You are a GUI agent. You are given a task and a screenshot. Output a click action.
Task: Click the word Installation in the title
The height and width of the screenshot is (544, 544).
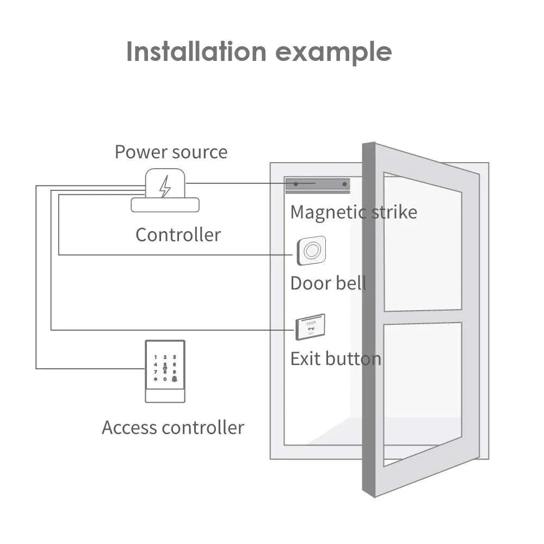pyautogui.click(x=196, y=52)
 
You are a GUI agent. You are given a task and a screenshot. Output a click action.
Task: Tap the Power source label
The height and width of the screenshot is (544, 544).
pyautogui.click(x=171, y=152)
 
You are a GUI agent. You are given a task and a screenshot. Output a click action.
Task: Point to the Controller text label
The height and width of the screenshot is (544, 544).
pyautogui.click(x=178, y=235)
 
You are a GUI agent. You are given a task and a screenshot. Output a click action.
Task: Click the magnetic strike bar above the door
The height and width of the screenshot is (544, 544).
pyautogui.click(x=318, y=184)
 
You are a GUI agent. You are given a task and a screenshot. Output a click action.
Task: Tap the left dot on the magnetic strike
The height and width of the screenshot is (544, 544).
pyautogui.click(x=296, y=184)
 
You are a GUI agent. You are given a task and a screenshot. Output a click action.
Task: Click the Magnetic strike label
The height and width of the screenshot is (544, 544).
pyautogui.click(x=354, y=212)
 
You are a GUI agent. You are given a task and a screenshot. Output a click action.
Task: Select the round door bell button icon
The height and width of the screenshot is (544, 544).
pyautogui.click(x=312, y=251)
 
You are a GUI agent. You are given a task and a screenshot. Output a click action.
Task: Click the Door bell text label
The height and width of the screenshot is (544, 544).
pyautogui.click(x=328, y=283)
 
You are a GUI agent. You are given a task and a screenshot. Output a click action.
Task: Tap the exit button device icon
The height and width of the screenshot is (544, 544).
pyautogui.click(x=311, y=327)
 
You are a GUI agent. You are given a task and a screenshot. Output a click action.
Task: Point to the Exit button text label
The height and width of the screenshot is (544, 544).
pyautogui.click(x=335, y=359)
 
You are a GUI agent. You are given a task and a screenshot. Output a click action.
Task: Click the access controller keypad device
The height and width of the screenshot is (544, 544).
pyautogui.click(x=165, y=371)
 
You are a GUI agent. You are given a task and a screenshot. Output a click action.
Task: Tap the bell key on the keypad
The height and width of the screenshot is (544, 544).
pyautogui.click(x=175, y=378)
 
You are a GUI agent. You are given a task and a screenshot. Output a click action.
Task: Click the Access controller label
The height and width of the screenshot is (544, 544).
pyautogui.click(x=172, y=428)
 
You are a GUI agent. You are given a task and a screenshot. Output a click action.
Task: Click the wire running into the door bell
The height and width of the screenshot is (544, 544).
pyautogui.click(x=174, y=255)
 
